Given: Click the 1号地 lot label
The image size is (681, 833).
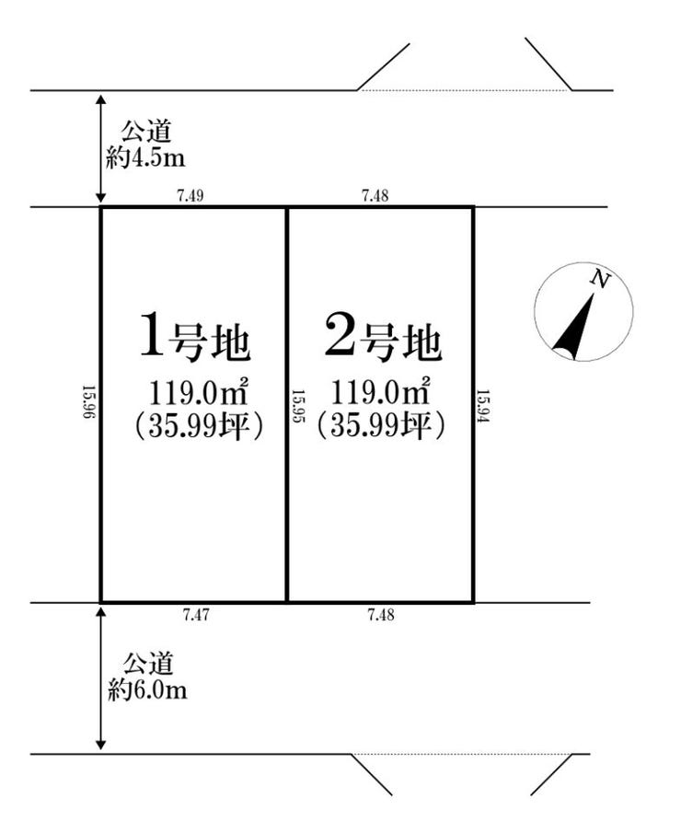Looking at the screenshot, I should point(193,338).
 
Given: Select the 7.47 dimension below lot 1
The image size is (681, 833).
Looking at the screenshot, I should point(194,615).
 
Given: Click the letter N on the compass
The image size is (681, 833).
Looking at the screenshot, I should point(599,279).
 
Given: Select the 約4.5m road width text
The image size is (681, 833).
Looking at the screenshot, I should point(145,158).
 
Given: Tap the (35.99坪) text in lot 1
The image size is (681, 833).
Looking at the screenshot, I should point(194,425).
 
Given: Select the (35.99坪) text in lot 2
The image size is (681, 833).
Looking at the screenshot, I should point(382,425).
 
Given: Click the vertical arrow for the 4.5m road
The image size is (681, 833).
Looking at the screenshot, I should point(101,147).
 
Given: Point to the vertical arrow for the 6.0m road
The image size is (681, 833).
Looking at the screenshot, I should point(101,677).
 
